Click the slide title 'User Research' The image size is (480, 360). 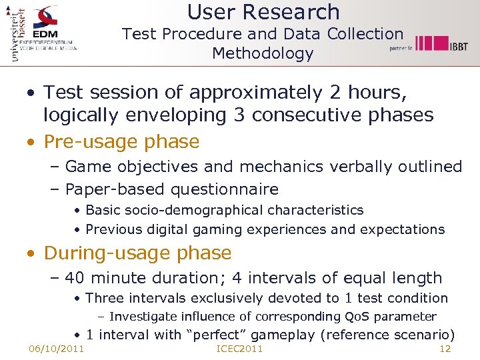click(263, 12)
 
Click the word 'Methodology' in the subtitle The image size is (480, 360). click(263, 53)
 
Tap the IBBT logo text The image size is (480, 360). click(457, 46)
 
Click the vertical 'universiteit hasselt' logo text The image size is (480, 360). click(17, 33)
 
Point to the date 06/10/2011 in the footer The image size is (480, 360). click(56, 349)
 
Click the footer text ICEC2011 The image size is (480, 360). click(240, 349)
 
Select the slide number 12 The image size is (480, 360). click(445, 349)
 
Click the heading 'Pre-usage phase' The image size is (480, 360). click(121, 142)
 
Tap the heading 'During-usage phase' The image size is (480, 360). click(137, 253)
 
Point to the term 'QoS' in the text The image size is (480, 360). click(357, 317)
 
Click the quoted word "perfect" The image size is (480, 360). click(219, 335)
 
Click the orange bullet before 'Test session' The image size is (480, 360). click(31, 93)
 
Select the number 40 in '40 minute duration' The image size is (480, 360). click(75, 278)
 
